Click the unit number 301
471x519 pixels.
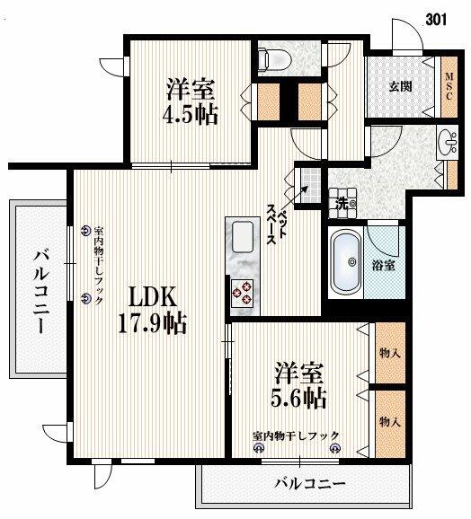(x=436, y=20)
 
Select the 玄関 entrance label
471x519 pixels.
(x=401, y=87)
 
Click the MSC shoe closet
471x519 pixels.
(x=449, y=87)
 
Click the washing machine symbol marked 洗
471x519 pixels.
(x=342, y=204)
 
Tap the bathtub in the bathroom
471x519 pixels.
(x=346, y=262)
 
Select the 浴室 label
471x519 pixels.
(x=384, y=265)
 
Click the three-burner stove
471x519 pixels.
(x=242, y=292)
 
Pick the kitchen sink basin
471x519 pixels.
(x=243, y=237)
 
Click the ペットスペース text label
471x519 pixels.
(x=276, y=224)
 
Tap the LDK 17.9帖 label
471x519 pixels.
(x=153, y=310)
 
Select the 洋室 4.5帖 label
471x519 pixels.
(x=191, y=101)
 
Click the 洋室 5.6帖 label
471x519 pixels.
(x=298, y=385)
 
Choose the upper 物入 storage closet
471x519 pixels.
(x=390, y=353)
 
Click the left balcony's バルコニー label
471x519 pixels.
(x=41, y=291)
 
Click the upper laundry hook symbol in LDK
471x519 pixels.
(x=86, y=231)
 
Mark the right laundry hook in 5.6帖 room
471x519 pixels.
(x=335, y=448)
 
